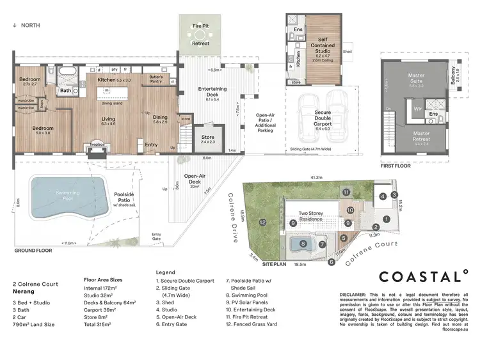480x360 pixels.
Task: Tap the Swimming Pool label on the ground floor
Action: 59,196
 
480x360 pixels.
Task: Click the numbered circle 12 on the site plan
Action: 263,222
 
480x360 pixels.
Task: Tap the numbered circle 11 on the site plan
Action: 346,192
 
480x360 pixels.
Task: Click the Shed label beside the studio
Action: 348,52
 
